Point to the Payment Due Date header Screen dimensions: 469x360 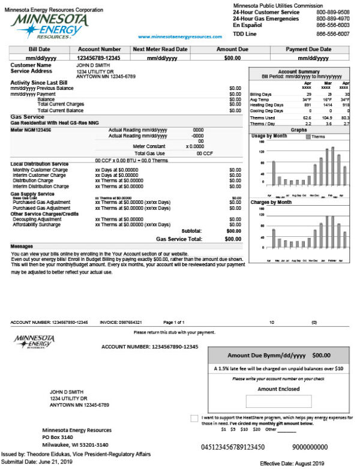[308, 49]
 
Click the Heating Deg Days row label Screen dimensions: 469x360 [265, 105]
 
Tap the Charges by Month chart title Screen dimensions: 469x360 [271, 203]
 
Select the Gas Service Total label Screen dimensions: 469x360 [178, 239]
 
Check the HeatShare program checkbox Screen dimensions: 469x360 [194, 417]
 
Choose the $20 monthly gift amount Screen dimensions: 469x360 [256, 429]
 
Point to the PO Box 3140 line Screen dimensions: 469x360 [58, 438]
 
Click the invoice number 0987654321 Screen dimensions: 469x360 [131, 323]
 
